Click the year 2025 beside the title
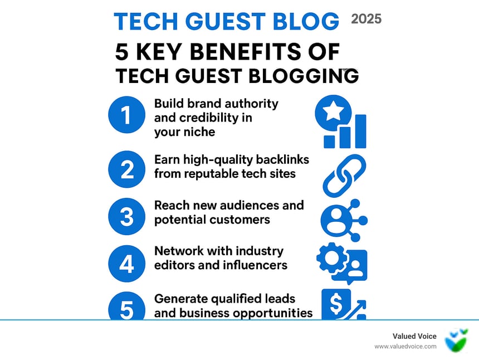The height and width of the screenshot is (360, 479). (x=366, y=19)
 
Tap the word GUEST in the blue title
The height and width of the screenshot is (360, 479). (x=226, y=21)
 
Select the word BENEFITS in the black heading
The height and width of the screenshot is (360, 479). (x=246, y=51)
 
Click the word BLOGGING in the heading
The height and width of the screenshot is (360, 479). (x=304, y=76)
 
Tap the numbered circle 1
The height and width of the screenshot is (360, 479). (x=126, y=115)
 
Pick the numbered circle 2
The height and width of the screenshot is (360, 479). (x=126, y=169)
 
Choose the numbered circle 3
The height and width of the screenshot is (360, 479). (x=126, y=216)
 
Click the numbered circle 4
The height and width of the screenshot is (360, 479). (x=126, y=264)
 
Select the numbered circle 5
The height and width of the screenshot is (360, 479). (x=126, y=306)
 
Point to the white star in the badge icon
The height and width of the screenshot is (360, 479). (x=333, y=110)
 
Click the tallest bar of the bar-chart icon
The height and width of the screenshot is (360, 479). (x=361, y=132)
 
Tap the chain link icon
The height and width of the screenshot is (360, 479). (x=344, y=176)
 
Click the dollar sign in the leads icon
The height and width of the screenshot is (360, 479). (x=336, y=304)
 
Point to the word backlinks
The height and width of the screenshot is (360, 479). (x=282, y=159)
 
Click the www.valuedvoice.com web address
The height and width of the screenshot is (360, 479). (x=405, y=347)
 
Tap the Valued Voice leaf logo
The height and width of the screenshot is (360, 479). (x=456, y=340)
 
